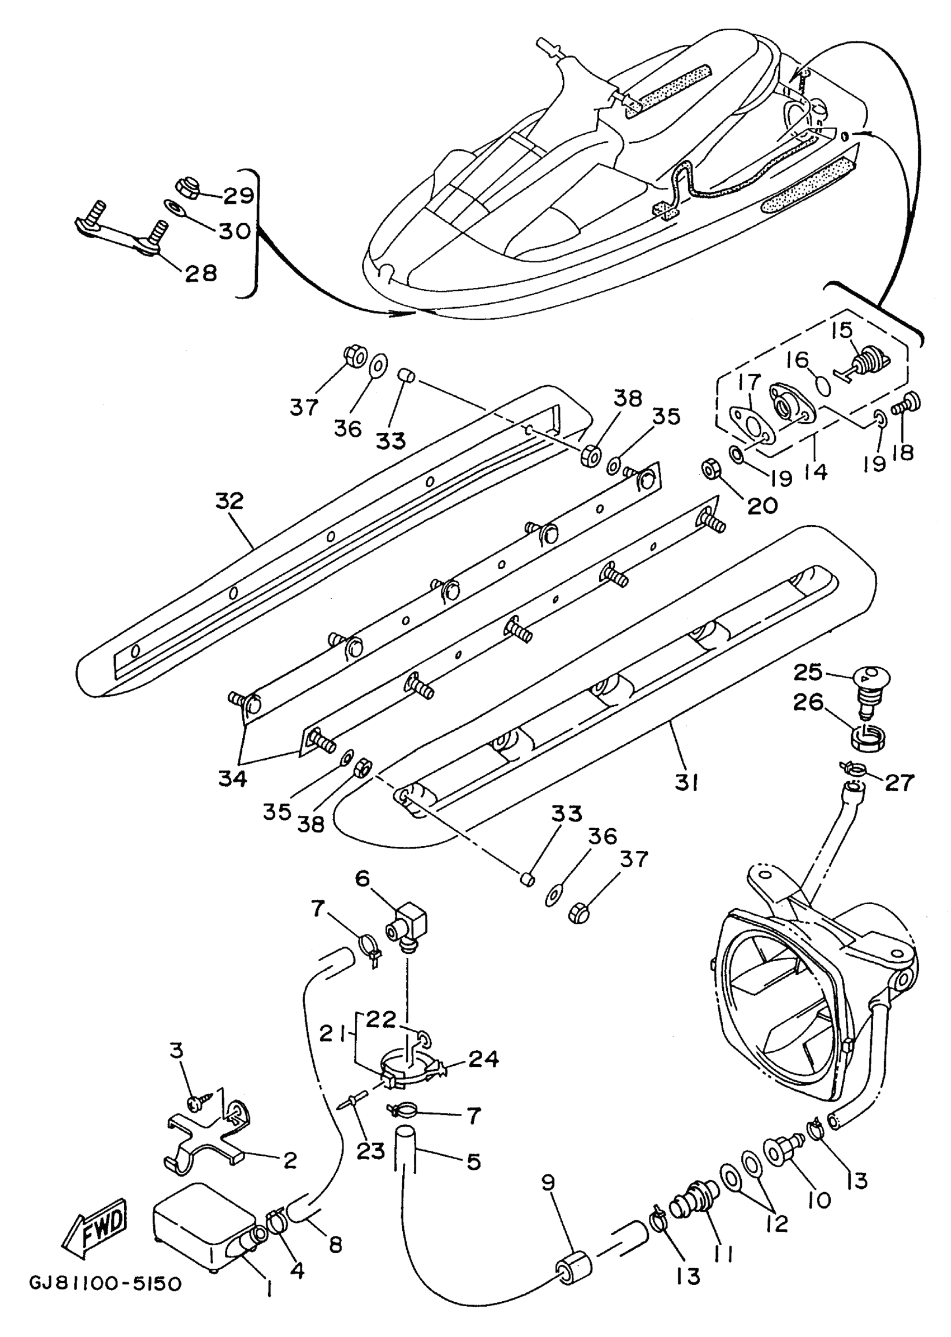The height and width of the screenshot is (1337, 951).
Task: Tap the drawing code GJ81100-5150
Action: coord(106,1284)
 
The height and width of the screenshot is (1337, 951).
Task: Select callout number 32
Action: coord(229,501)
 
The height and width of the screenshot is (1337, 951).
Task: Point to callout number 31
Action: coord(686,783)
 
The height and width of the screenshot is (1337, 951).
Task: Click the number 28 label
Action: coord(201,273)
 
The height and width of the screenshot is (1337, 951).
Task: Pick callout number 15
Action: coord(842,330)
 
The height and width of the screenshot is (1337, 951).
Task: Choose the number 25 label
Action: coord(808,673)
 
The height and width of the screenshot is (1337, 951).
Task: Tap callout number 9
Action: coord(548,1183)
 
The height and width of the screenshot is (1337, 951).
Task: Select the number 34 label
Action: coord(233,778)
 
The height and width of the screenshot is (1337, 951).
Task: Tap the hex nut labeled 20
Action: coord(710,467)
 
